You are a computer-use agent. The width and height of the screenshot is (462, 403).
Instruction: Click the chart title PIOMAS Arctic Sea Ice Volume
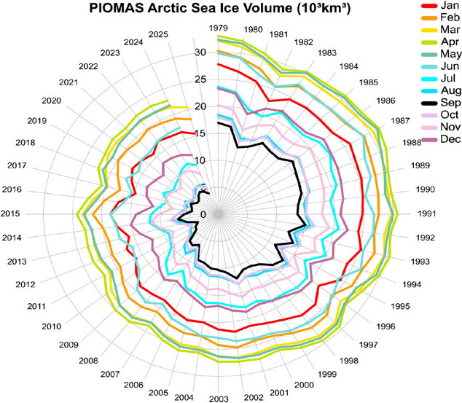pyautogui.click(x=212, y=9)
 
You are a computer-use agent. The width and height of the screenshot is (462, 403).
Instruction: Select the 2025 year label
pyautogui.click(x=157, y=34)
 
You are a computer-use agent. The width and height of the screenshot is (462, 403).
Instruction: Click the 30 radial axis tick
pyautogui.click(x=201, y=52)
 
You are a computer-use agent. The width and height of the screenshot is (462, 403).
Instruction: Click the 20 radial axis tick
pyautogui.click(x=201, y=106)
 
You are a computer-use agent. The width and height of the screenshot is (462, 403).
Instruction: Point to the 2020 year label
pyautogui.click(x=52, y=101)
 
